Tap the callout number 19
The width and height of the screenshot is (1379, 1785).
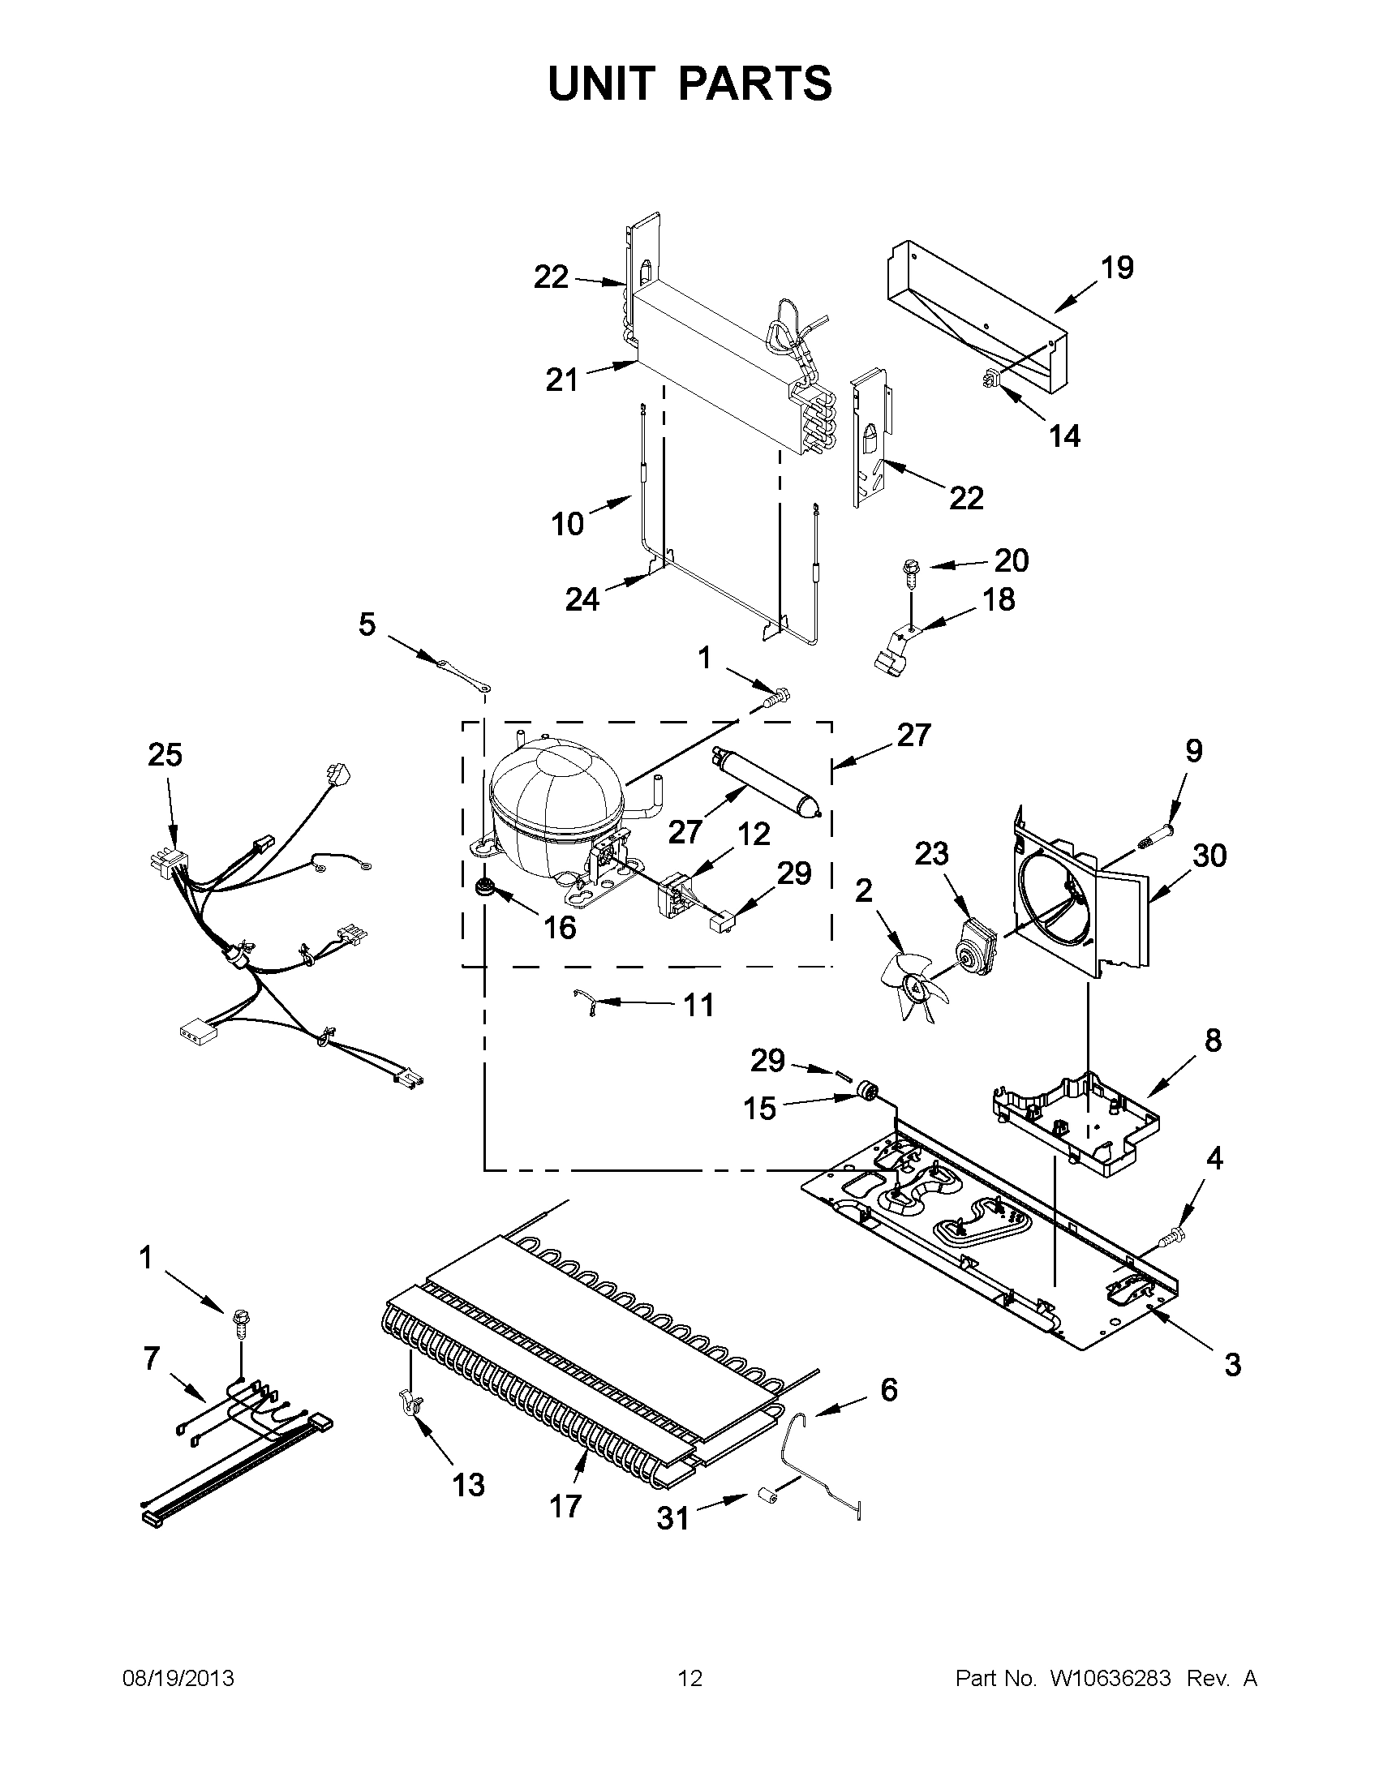point(1118,268)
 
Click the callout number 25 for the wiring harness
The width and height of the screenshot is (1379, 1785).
point(165,755)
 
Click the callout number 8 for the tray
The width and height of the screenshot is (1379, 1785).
point(1212,1040)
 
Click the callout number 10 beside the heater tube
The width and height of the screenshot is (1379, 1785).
point(567,524)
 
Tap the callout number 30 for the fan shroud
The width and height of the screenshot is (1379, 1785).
point(1209,856)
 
